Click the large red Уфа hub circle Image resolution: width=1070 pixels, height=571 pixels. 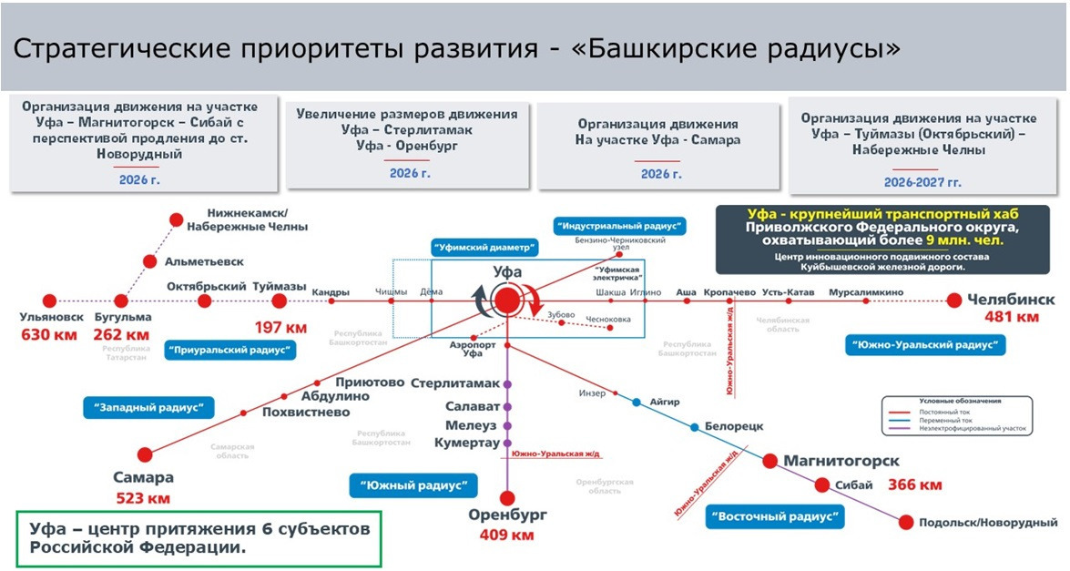click(x=506, y=301)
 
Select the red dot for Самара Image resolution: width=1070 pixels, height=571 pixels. click(x=145, y=454)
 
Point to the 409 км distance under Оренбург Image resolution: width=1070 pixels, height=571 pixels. click(x=507, y=535)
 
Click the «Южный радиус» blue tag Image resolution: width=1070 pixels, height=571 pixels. click(x=413, y=485)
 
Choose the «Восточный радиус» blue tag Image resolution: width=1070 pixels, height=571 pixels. click(x=774, y=517)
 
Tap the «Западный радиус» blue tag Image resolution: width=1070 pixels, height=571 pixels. click(x=148, y=407)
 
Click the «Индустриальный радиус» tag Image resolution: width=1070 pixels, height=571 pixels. click(x=620, y=226)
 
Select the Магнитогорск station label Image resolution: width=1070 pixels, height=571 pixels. click(x=841, y=462)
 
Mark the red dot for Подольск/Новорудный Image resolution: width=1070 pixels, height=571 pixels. click(x=906, y=522)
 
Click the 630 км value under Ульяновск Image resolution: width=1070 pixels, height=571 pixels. click(x=48, y=334)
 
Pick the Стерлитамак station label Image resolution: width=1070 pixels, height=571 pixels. click(x=455, y=382)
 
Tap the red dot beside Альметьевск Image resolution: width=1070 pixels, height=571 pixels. click(x=150, y=261)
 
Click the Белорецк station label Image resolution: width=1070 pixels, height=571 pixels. click(x=733, y=425)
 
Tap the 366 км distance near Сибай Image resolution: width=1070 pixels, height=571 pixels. click(x=915, y=484)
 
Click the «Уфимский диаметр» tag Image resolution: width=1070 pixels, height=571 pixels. click(x=484, y=247)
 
